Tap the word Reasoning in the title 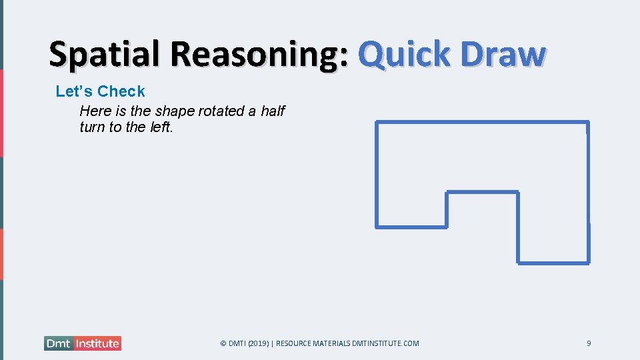255,55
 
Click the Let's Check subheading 100,91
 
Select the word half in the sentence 273,111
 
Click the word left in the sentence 161,127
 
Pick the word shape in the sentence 175,111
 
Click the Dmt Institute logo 83,343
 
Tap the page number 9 589,343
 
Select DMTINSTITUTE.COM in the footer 387,343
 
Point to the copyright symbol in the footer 223,343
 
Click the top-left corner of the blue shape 377,122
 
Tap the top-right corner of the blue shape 588,122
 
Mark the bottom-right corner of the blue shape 588,263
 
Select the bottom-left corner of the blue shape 377,227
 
